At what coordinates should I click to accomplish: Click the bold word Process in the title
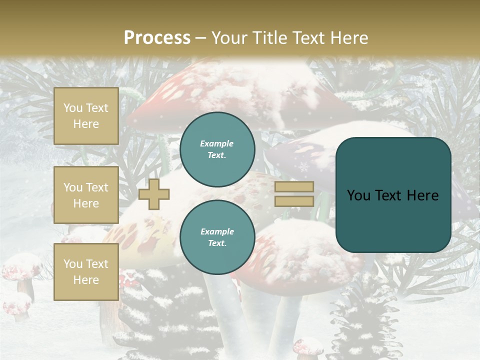157,38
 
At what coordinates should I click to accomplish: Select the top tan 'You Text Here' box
86,116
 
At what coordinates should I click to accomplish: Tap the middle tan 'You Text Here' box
86,195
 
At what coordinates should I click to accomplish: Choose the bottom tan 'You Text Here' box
86,272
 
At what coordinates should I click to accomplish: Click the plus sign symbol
154,194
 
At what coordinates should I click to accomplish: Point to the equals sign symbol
294,194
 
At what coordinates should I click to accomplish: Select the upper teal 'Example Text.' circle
217,149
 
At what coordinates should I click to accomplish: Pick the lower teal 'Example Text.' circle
217,237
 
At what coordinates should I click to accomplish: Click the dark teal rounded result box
393,195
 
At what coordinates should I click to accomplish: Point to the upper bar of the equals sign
294,187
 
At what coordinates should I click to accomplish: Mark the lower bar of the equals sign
294,201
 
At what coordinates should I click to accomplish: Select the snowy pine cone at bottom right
365,320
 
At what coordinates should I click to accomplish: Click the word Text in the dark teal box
393,195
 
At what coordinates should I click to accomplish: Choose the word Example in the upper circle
217,143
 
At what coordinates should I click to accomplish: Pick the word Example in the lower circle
217,231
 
